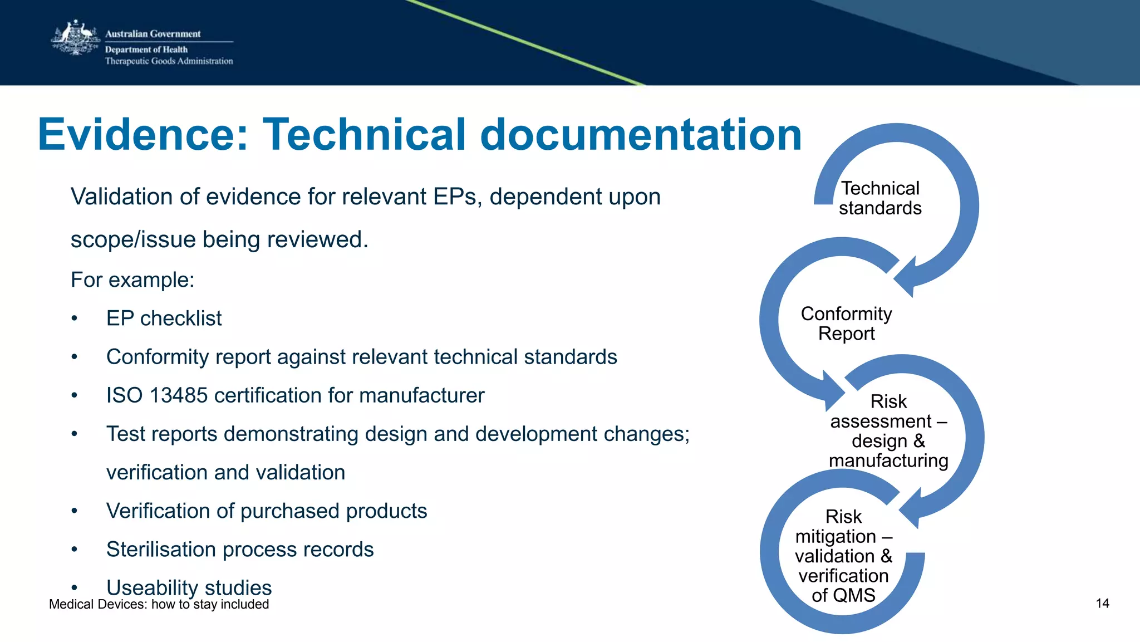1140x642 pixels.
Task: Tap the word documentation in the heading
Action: point(640,135)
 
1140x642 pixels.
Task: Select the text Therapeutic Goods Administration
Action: point(169,61)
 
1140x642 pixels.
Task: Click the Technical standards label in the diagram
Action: point(880,198)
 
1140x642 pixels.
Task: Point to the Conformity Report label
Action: point(846,324)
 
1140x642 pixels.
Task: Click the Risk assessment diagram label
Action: point(888,430)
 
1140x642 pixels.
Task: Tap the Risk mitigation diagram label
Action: point(843,556)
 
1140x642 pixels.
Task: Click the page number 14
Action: point(1102,604)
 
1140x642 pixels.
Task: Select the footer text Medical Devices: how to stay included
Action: point(159,605)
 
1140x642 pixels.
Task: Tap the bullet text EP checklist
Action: point(164,318)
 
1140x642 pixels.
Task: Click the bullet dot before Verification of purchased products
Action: point(74,511)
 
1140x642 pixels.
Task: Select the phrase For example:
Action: point(132,280)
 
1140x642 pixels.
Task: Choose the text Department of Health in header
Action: point(146,50)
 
